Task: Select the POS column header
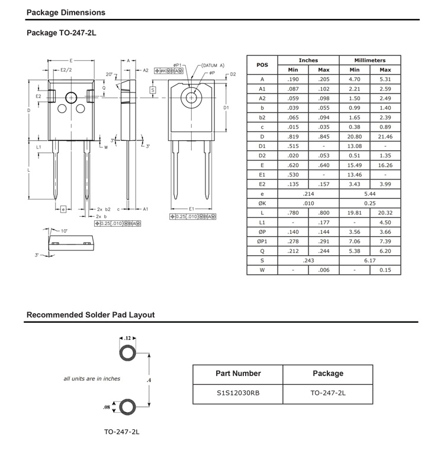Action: click(x=262, y=65)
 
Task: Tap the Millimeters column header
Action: click(x=370, y=60)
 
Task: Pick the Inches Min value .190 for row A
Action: click(x=292, y=79)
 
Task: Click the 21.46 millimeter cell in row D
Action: click(x=385, y=137)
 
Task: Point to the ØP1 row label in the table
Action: click(x=262, y=242)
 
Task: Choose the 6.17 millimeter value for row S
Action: click(x=370, y=261)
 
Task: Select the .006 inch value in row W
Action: click(x=324, y=270)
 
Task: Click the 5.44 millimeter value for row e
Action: click(x=370, y=194)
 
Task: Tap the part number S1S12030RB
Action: click(x=238, y=394)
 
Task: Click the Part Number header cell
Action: click(x=238, y=374)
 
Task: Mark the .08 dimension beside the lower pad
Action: click(x=107, y=407)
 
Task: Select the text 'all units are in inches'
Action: click(x=92, y=378)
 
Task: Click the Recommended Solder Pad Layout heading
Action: click(x=91, y=315)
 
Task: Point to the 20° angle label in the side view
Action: click(x=109, y=74)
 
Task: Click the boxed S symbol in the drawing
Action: click(x=152, y=90)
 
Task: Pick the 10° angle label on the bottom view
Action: click(x=64, y=231)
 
